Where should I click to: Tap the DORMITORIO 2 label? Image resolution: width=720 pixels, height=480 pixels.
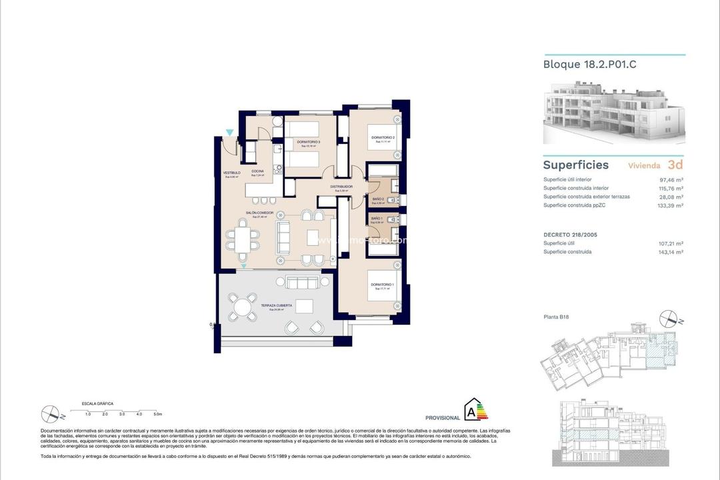coord(383,138)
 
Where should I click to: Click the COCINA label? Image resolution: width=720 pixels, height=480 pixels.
coord(257,171)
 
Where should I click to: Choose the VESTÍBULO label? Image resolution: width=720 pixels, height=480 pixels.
coord(231,173)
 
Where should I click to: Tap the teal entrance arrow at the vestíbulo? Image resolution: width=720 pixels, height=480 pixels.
coord(230,133)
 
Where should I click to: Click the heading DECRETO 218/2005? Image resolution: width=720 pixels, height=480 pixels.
coord(571,234)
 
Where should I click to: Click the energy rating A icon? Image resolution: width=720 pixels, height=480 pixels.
coord(475,410)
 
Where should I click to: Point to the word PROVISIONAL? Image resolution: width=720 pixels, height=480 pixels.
coord(443,418)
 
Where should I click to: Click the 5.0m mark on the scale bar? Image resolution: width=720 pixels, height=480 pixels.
coord(157,414)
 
